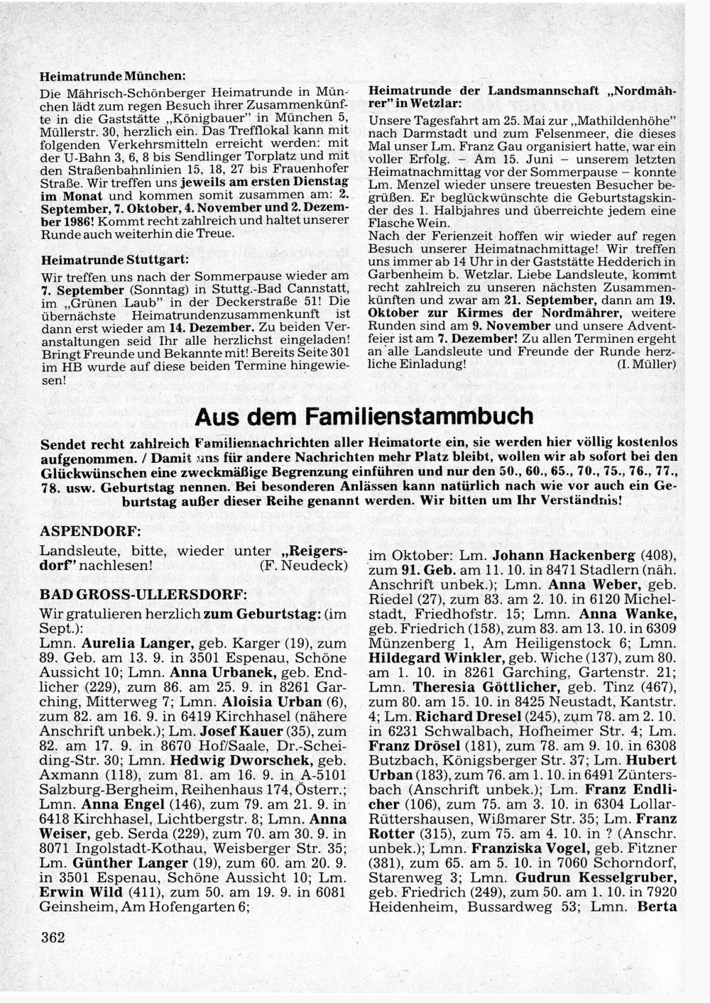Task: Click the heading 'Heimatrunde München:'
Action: [113, 75]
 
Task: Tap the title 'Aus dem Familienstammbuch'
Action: [364, 417]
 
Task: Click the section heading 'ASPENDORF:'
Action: [90, 531]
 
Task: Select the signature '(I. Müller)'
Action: [646, 364]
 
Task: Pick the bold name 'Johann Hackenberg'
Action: [564, 555]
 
